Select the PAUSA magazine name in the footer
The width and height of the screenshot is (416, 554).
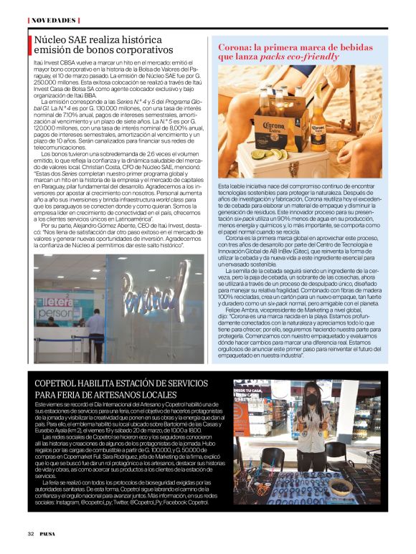coord(47,534)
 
